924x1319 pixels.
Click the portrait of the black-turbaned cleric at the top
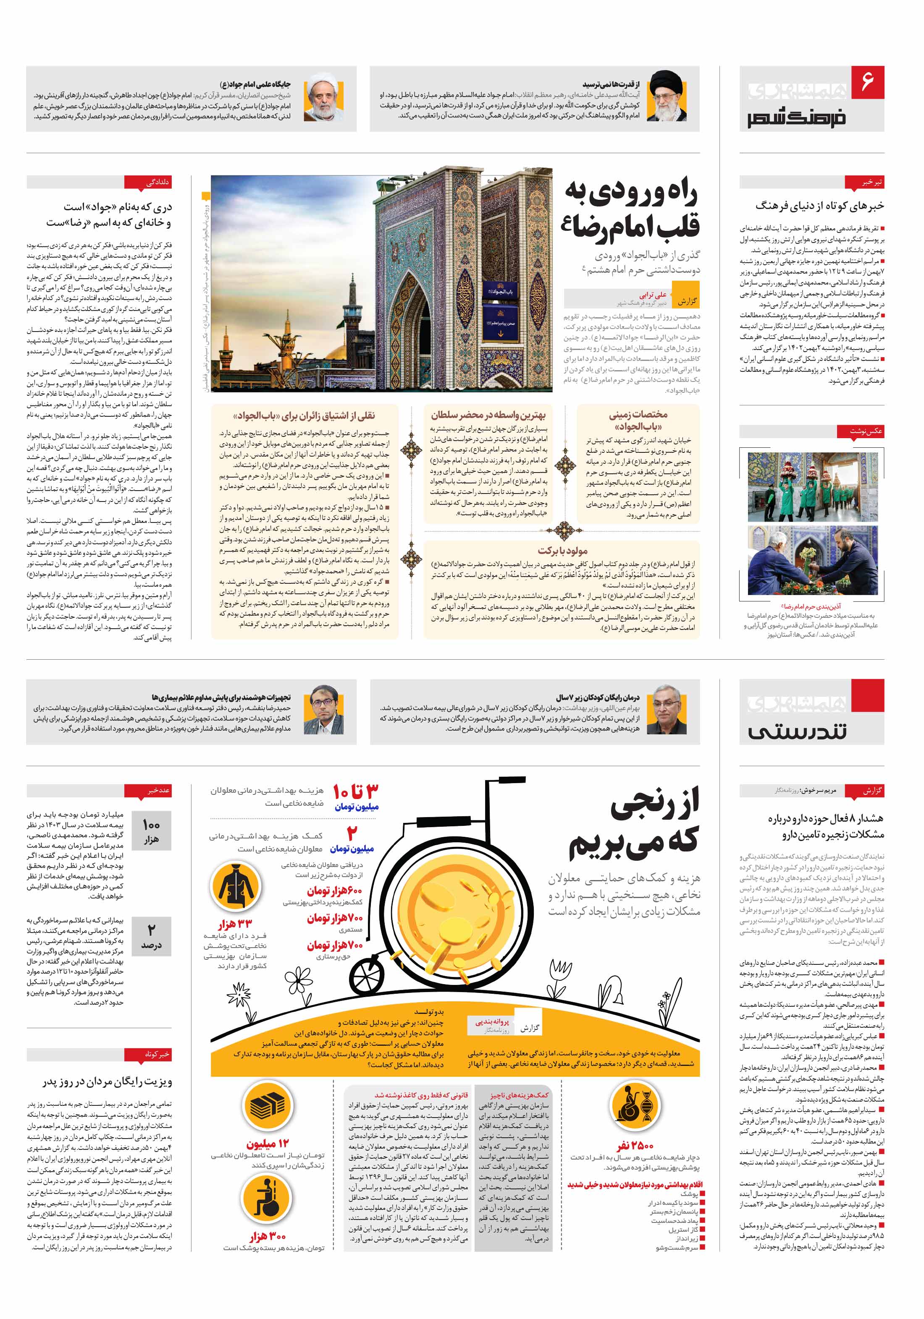pos(667,97)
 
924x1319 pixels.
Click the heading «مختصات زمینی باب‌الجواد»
pos(638,420)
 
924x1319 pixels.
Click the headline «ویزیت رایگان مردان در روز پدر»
pos(108,1082)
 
